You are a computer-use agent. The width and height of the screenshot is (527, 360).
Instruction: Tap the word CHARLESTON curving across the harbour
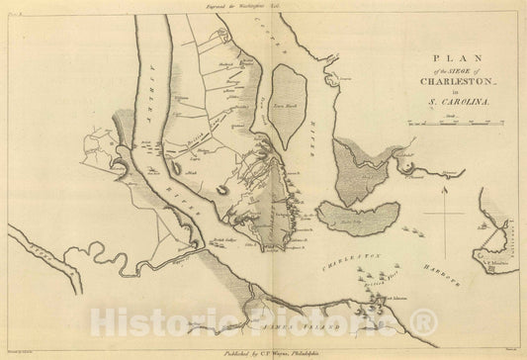(351, 259)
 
